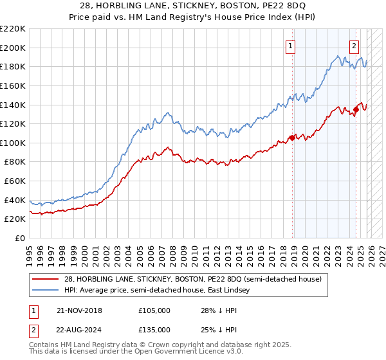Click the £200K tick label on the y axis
(13, 48)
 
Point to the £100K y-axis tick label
(13, 143)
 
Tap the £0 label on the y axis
(20, 238)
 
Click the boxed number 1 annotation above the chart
(291, 46)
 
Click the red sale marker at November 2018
(292, 137)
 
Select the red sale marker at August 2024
(355, 110)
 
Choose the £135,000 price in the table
(154, 329)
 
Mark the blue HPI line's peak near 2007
(165, 113)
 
